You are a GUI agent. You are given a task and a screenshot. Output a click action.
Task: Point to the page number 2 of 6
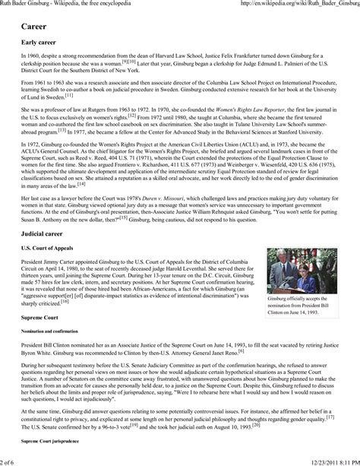pyautogui.click(x=11, y=461)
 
